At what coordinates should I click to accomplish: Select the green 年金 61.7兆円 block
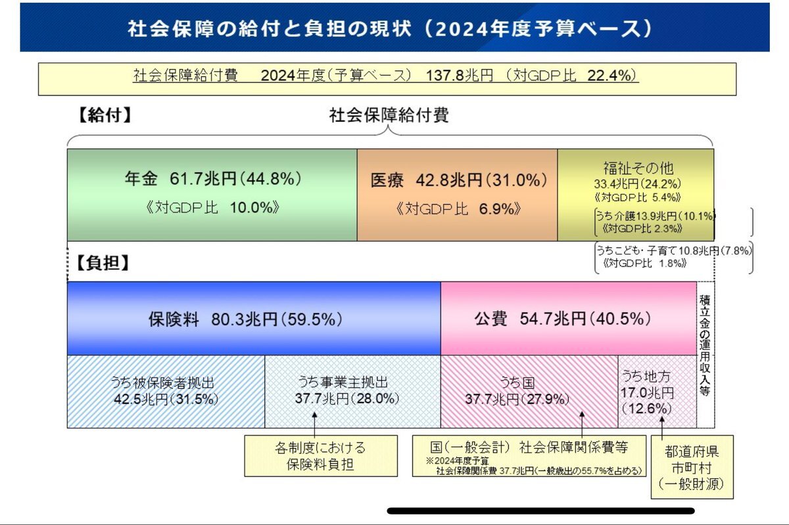tap(212, 194)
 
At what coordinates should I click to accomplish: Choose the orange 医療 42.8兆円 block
tap(458, 194)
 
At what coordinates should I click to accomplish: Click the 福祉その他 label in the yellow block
tap(638, 168)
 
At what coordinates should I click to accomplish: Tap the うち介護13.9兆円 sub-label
tap(654, 216)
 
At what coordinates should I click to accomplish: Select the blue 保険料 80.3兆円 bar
tap(254, 319)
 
